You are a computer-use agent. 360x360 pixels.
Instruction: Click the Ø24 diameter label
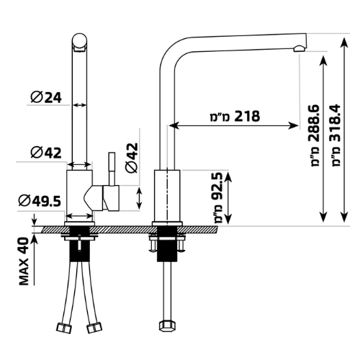[46, 97]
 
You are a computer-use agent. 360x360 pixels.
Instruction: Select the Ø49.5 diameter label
[40, 201]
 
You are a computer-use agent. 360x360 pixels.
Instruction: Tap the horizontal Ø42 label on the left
[46, 152]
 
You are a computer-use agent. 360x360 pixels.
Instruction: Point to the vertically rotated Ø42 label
[132, 158]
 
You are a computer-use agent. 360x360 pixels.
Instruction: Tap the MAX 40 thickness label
[24, 261]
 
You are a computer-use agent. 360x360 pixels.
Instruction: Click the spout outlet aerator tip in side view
[300, 49]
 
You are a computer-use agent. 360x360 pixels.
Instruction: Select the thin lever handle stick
[112, 168]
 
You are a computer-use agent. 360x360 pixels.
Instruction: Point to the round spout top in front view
[80, 41]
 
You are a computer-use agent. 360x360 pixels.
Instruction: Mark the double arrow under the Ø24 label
[79, 105]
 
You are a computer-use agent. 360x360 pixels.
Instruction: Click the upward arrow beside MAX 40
[35, 259]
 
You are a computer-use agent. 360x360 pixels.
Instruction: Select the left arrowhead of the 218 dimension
[174, 125]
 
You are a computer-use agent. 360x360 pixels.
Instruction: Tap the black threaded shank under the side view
[167, 243]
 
